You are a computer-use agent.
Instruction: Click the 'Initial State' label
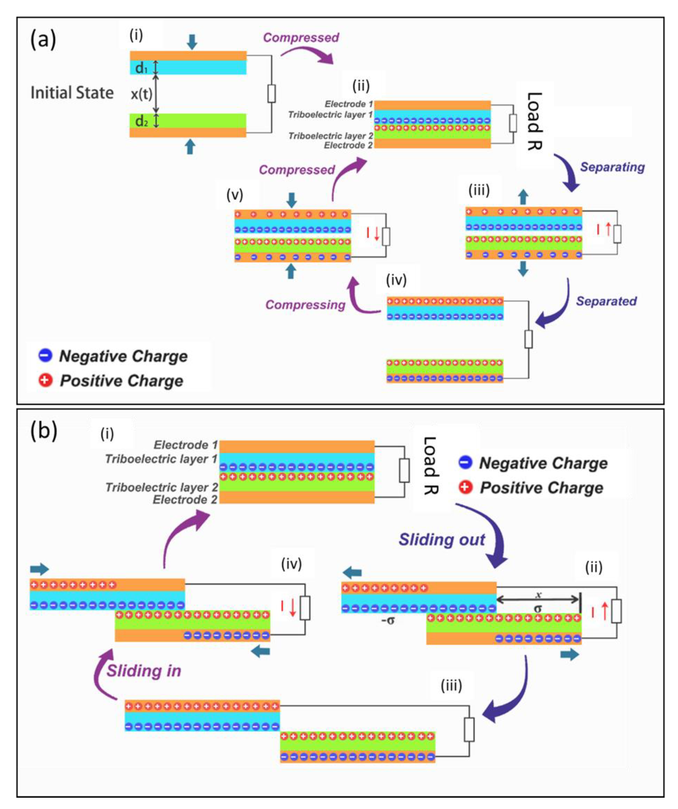pos(72,93)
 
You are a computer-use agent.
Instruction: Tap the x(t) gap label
pos(141,94)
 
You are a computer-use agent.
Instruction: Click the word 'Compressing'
pos(305,305)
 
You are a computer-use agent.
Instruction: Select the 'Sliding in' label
pos(144,671)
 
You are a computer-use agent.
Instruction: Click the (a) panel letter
pos(43,40)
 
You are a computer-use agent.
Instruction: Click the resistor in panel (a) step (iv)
pos(529,339)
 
